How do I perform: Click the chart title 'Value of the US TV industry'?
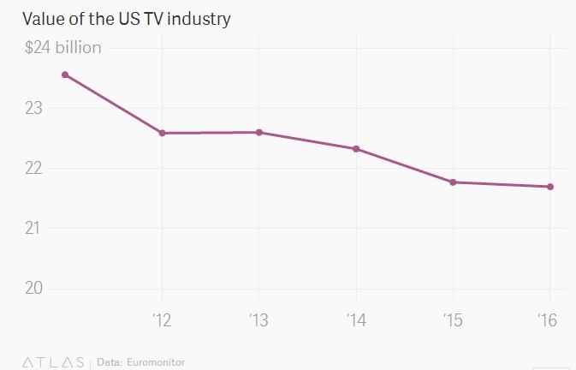pos(127,18)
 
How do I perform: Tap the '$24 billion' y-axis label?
pos(62,47)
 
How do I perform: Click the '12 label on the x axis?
pos(161,320)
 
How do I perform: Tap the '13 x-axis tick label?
pos(258,320)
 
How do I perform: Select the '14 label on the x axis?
pos(355,320)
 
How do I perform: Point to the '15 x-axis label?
pos(453,320)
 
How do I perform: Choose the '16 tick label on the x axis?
pos(549,320)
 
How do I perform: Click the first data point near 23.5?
pos(65,75)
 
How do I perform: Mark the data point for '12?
pos(162,133)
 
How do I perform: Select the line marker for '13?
pos(259,133)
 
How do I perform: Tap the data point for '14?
pos(356,149)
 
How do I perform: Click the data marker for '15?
pos(453,182)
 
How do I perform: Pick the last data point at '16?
pos(550,187)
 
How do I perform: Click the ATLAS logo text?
pos(53,362)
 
